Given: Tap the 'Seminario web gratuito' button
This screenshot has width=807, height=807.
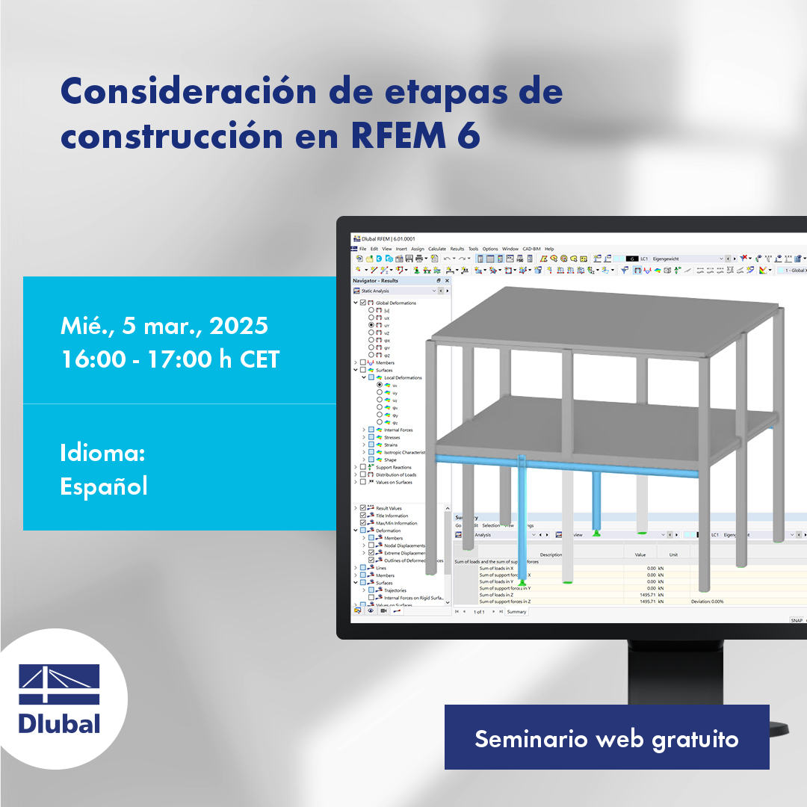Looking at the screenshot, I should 607,738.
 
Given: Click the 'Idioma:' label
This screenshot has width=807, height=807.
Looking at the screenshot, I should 102,453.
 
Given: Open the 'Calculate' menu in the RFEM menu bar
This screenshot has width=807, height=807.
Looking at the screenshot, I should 437,249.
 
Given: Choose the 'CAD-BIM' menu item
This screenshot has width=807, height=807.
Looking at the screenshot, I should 531,249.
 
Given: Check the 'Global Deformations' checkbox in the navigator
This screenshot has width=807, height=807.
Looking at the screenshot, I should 363,303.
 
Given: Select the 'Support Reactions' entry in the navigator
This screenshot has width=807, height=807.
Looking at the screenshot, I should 393,467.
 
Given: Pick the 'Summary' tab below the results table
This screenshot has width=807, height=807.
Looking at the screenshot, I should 516,611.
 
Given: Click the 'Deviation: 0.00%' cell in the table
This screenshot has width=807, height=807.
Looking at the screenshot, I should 707,601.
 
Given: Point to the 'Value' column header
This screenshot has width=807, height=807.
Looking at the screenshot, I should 640,554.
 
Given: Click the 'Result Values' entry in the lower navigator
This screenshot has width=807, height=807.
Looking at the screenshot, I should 389,508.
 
